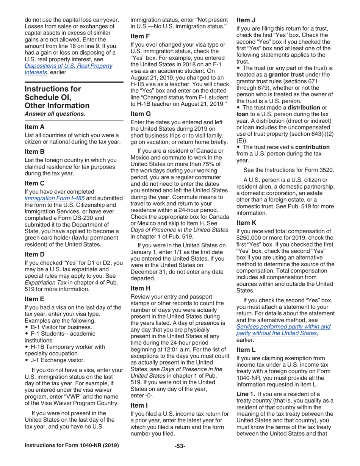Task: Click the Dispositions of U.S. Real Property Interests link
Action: pyautogui.click(x=68, y=66)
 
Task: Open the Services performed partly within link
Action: pyautogui.click(x=283, y=326)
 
